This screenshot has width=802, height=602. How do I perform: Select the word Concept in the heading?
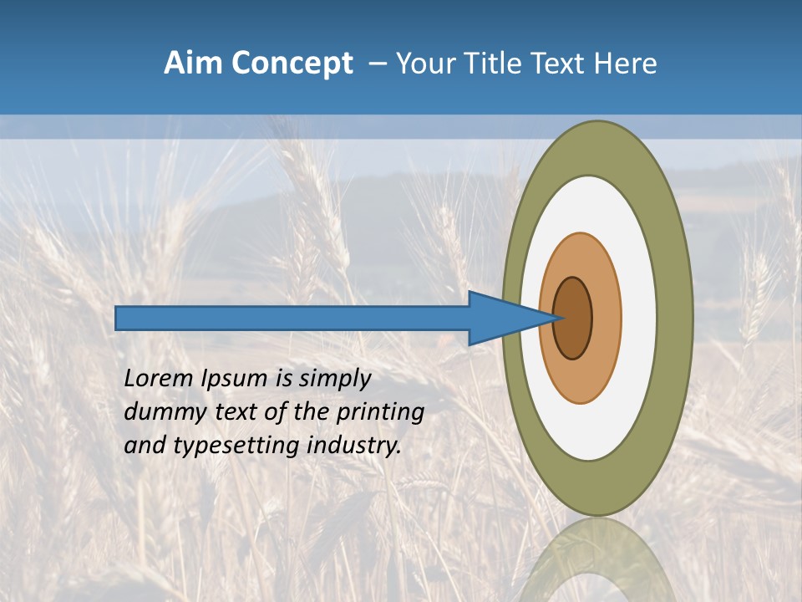click(292, 64)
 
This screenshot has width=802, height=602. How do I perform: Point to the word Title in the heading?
click(490, 64)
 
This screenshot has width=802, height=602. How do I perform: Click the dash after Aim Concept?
click(377, 64)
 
